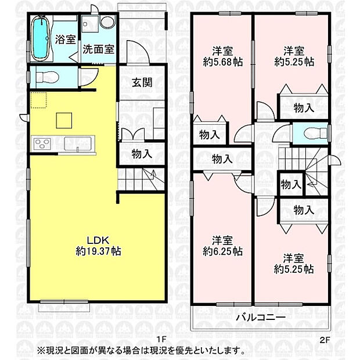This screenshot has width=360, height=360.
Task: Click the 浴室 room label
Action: point(65,39)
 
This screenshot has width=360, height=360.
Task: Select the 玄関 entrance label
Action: point(142,82)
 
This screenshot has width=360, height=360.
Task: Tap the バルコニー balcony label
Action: point(260,318)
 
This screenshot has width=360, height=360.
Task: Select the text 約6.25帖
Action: point(222,251)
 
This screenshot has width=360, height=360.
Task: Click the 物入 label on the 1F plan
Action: point(142,154)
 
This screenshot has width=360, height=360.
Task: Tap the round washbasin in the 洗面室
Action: point(106,23)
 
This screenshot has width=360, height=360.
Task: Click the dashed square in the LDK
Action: point(39,100)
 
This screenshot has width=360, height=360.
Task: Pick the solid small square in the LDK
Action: point(64,120)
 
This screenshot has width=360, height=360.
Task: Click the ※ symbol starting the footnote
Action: point(40,351)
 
